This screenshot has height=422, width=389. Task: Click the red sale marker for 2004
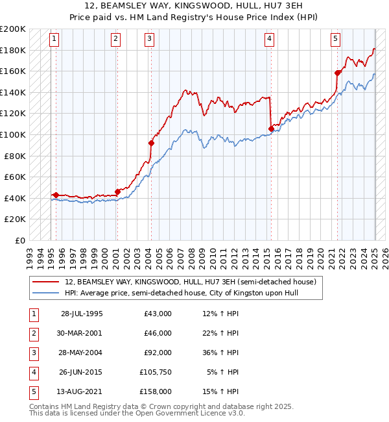151,143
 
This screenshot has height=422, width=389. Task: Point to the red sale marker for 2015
270,129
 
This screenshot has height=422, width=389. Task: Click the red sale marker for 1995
56,195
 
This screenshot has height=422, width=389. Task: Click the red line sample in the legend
45,282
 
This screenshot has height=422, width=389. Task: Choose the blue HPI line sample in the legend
45,293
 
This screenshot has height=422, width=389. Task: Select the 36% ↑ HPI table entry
221,354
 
